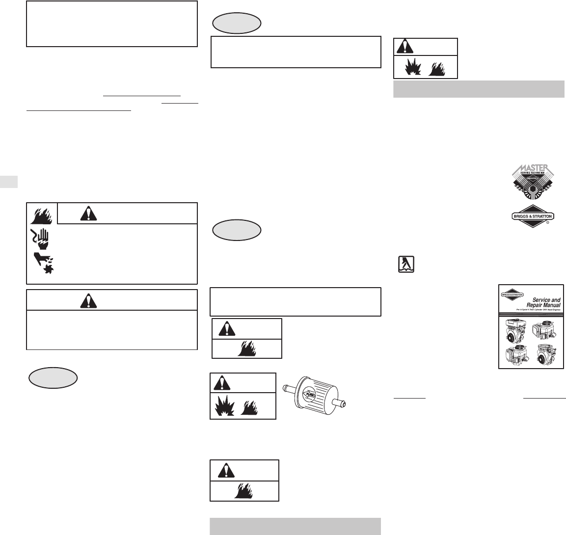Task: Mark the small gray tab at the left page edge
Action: click(9, 181)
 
